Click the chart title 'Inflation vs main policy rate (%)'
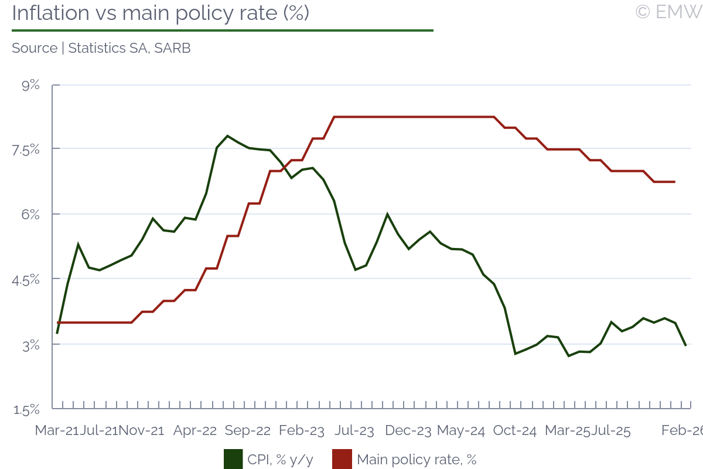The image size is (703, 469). (x=160, y=13)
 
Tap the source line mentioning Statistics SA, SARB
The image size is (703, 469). (x=101, y=48)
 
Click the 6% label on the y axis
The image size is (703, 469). (x=31, y=215)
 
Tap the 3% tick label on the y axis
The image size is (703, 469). (x=31, y=345)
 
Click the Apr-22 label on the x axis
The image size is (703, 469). (x=195, y=431)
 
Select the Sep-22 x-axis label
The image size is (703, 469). (x=248, y=431)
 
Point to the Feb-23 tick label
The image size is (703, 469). (x=301, y=431)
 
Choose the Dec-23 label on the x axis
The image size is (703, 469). (x=408, y=431)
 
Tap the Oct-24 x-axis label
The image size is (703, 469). (x=514, y=431)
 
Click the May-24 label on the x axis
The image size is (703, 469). (x=461, y=431)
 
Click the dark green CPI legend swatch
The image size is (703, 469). (x=233, y=460)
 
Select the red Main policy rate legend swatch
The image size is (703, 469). (x=342, y=460)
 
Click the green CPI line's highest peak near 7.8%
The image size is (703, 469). (x=227, y=136)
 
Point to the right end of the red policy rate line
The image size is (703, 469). (x=675, y=182)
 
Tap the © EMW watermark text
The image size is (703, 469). (x=668, y=12)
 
